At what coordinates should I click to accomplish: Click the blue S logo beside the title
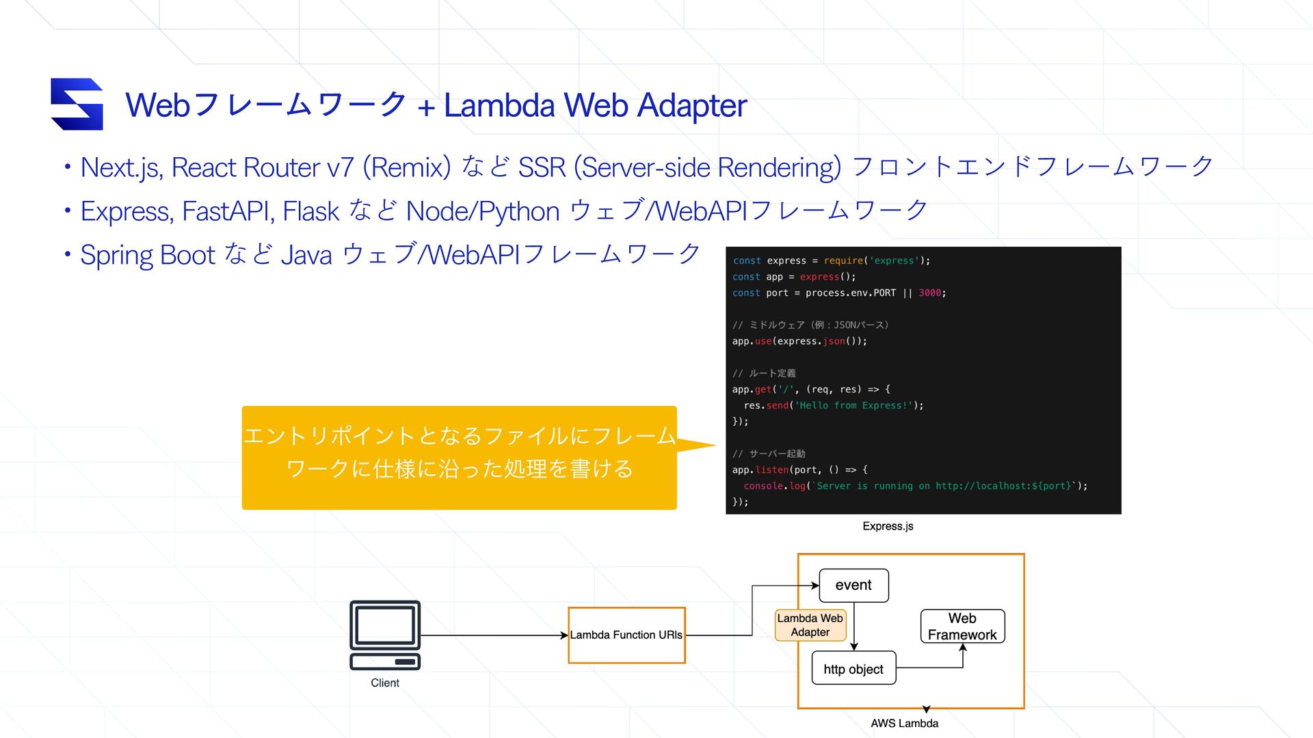(x=77, y=104)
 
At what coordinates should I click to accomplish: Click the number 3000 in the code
(x=929, y=293)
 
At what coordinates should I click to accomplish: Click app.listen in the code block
(x=760, y=470)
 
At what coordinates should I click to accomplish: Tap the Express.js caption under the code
(x=888, y=526)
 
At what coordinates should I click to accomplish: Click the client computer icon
(x=385, y=635)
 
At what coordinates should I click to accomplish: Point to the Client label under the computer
(x=385, y=683)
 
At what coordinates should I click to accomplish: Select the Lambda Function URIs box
(x=626, y=635)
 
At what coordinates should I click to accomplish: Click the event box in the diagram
(x=853, y=586)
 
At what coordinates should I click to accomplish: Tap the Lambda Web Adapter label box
(x=810, y=625)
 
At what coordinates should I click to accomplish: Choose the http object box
(x=853, y=669)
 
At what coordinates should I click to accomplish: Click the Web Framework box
(x=962, y=627)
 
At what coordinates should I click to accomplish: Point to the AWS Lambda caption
(x=904, y=723)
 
